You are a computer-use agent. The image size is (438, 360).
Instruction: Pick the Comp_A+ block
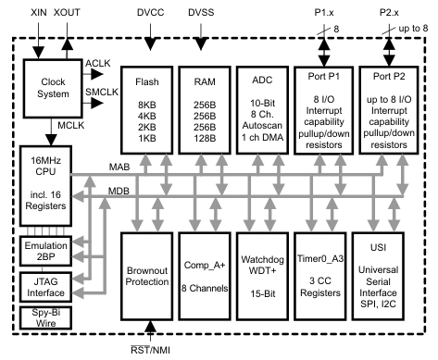tap(205, 277)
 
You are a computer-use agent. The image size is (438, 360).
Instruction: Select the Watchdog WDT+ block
tap(263, 277)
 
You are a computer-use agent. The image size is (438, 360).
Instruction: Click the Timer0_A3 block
tap(321, 277)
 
